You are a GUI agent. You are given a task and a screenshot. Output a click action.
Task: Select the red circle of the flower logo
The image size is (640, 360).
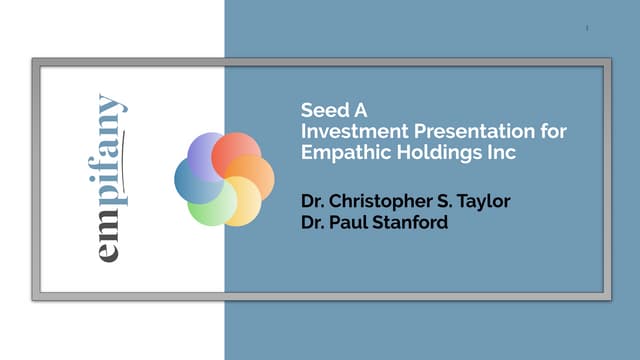point(236,151)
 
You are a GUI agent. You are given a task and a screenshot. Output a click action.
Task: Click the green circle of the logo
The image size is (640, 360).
point(209,204)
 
